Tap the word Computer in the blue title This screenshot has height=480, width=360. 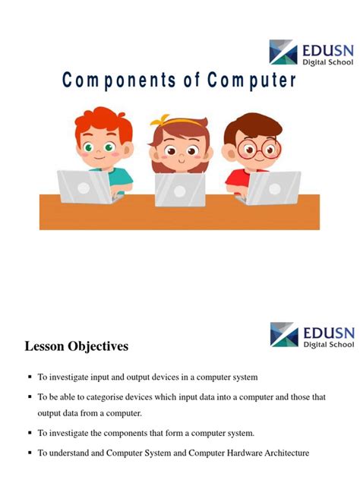coord(251,81)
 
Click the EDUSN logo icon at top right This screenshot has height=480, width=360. coord(283,52)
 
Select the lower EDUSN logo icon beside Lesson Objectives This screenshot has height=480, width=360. coord(283,334)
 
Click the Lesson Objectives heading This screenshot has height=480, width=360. coord(77,346)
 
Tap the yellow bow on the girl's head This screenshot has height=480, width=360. coord(160,120)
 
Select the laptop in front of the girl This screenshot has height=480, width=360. coord(180,190)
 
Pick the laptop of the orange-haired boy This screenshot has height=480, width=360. coord(85,187)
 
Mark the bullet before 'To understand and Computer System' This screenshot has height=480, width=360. coord(29,453)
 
